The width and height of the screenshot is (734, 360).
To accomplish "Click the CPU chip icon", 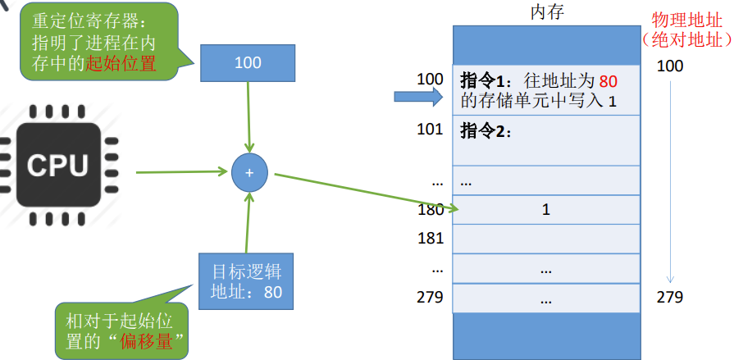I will click(57, 165).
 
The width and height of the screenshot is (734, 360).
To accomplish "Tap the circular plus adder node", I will click(249, 172).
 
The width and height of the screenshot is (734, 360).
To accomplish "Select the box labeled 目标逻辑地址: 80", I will click(247, 280).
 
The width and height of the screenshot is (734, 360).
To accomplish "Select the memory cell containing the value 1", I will click(546, 209).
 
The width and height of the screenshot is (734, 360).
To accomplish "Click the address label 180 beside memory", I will click(430, 209).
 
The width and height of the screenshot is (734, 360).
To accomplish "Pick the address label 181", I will click(430, 239).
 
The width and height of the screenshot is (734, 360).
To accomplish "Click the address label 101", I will click(430, 129).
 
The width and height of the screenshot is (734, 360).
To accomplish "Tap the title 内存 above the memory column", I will click(546, 13).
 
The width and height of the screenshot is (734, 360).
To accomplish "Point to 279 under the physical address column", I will click(669, 297).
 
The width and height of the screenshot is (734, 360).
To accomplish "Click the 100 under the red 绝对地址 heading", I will click(669, 66).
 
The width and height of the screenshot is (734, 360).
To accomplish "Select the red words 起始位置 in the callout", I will click(121, 63).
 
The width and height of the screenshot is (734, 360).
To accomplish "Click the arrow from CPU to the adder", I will click(180, 172).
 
